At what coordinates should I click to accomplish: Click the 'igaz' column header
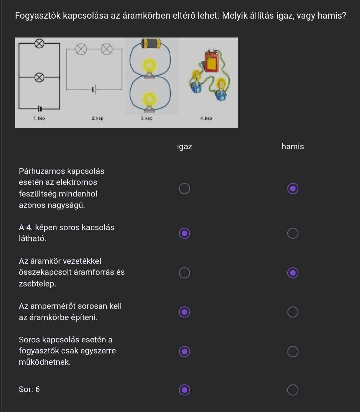pyautogui.click(x=184, y=147)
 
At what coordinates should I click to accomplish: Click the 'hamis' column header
pyautogui.click(x=293, y=147)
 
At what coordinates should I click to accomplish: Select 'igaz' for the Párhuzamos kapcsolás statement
pyautogui.click(x=184, y=189)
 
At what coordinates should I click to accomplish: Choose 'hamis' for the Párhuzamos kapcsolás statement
pyautogui.click(x=293, y=189)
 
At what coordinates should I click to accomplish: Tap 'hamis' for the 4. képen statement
pyautogui.click(x=293, y=233)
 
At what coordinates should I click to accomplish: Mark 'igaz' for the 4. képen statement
pyautogui.click(x=184, y=233)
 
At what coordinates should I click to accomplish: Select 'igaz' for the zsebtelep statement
pyautogui.click(x=184, y=273)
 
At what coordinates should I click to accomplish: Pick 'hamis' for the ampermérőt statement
pyautogui.click(x=293, y=312)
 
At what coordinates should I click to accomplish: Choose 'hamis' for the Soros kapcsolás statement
pyautogui.click(x=293, y=352)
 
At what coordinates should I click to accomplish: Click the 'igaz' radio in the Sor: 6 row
pyautogui.click(x=184, y=390)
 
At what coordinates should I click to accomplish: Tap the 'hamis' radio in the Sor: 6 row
pyautogui.click(x=293, y=390)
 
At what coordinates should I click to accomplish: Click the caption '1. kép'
pyautogui.click(x=39, y=118)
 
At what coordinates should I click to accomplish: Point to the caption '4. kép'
pyautogui.click(x=206, y=118)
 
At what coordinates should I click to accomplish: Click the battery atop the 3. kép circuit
pyautogui.click(x=151, y=44)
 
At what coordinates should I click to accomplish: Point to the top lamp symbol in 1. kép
pyautogui.click(x=39, y=44)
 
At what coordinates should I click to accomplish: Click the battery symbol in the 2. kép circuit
pyautogui.click(x=94, y=89)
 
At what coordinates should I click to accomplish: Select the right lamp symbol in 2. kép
pyautogui.click(x=107, y=49)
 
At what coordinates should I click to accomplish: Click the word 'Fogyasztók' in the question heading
pyautogui.click(x=38, y=16)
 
